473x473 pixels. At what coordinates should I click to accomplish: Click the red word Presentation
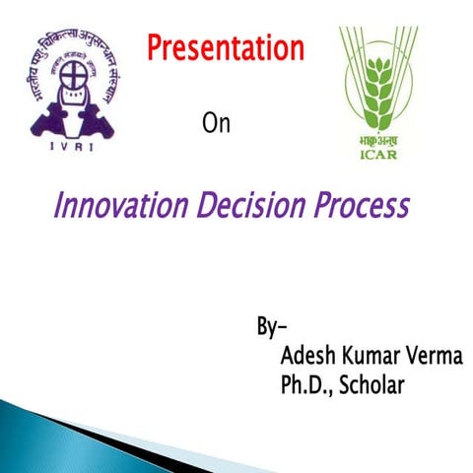pyautogui.click(x=226, y=46)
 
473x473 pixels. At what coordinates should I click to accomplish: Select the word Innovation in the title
pyautogui.click(x=119, y=207)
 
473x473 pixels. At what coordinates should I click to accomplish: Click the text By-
pyautogui.click(x=271, y=326)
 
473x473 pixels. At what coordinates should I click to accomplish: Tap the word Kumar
pyautogui.click(x=377, y=356)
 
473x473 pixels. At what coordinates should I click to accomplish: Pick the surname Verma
pyautogui.click(x=439, y=356)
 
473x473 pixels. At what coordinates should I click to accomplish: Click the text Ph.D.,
pyautogui.click(x=306, y=385)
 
